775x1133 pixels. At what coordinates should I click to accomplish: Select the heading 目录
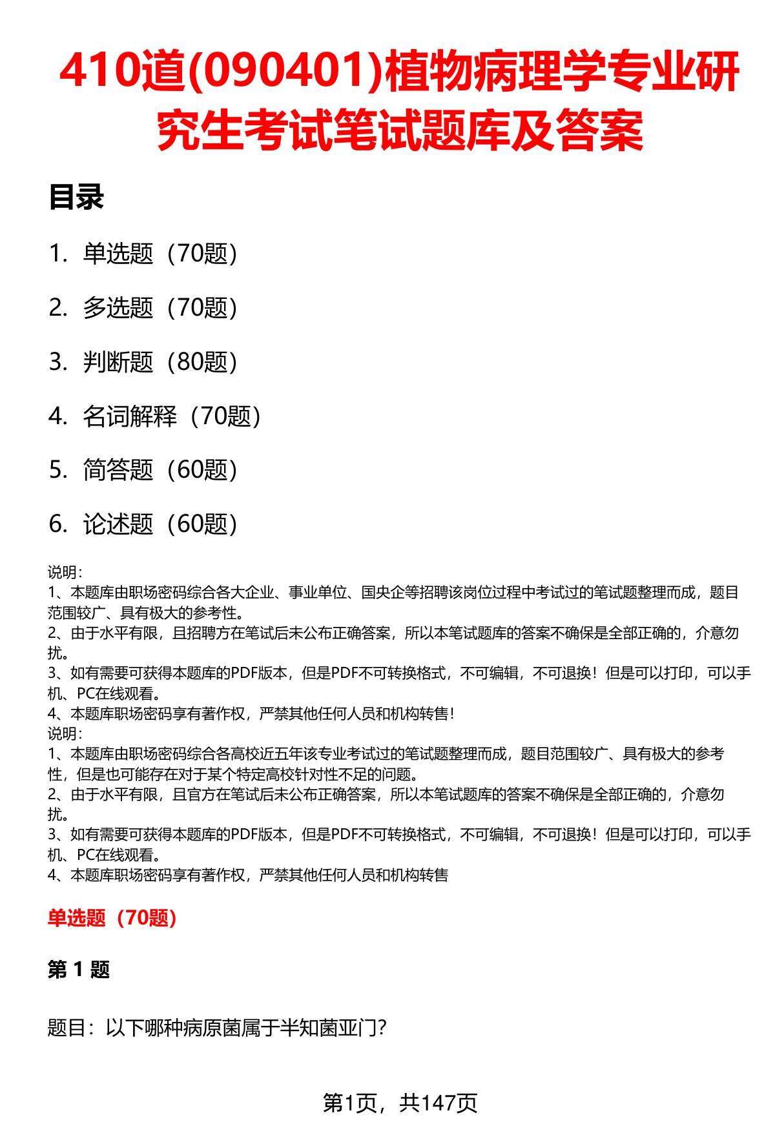(x=76, y=198)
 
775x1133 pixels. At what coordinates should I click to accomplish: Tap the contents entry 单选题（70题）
(x=160, y=254)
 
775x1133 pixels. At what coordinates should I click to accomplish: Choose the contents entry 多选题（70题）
(x=160, y=308)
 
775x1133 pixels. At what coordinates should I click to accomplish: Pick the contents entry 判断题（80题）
(x=160, y=362)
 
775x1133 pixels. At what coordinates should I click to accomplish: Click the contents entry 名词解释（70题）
(x=172, y=416)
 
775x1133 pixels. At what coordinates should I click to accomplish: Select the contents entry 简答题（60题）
(x=160, y=470)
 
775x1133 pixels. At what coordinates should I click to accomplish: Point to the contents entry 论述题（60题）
(x=160, y=524)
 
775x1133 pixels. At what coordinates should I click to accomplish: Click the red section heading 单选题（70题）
(x=112, y=918)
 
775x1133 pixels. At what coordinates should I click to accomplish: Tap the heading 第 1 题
(x=79, y=970)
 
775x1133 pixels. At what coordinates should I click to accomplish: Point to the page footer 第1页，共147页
(x=400, y=1103)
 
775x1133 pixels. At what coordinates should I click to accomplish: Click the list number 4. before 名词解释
(x=58, y=416)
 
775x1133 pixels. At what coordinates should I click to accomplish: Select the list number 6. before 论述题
(x=58, y=524)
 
